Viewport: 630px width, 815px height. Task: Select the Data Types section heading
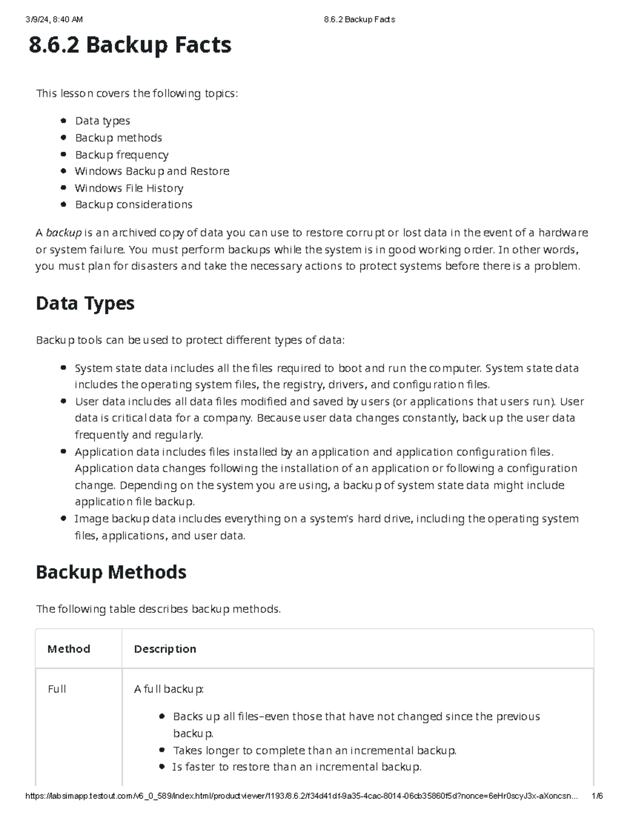click(x=85, y=303)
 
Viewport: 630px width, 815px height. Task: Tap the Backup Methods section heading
click(x=111, y=571)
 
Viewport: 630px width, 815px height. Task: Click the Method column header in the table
click(x=69, y=649)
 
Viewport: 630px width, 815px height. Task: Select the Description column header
click(x=165, y=649)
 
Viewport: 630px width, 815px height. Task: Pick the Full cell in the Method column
click(x=57, y=689)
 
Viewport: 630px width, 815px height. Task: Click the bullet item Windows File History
click(x=129, y=188)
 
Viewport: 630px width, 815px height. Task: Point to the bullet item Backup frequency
click(x=121, y=155)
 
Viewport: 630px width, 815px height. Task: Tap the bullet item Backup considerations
click(x=133, y=205)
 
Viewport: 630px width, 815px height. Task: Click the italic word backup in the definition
click(x=64, y=232)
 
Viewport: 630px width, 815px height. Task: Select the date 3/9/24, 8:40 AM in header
click(x=54, y=20)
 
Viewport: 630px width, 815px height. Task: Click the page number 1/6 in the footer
click(x=596, y=796)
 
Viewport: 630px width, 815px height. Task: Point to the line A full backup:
click(x=169, y=689)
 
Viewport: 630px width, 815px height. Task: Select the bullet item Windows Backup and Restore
click(x=152, y=171)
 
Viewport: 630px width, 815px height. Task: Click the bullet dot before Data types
click(x=64, y=121)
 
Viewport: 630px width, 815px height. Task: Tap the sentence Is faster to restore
click(x=297, y=767)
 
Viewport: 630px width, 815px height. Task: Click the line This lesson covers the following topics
click(x=136, y=93)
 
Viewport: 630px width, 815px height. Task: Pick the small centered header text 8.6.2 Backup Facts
click(x=359, y=20)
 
